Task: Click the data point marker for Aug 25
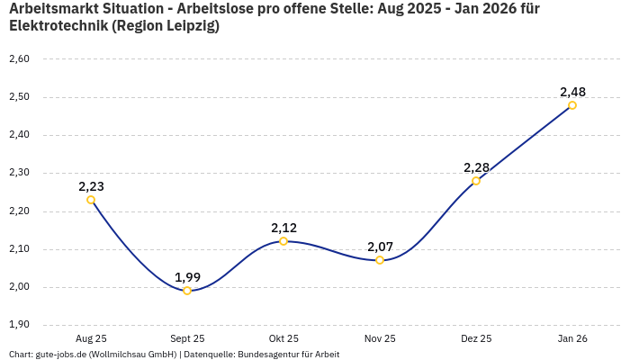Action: (x=91, y=200)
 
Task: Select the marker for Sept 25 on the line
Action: (x=187, y=291)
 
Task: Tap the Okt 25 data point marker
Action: (x=283, y=241)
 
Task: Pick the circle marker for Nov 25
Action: (x=380, y=260)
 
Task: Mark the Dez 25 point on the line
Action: (x=476, y=181)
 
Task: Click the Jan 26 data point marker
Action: (x=572, y=105)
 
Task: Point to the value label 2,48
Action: (x=572, y=92)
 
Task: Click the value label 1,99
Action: (x=187, y=277)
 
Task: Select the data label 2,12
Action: (x=283, y=228)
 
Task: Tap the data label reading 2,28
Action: (x=476, y=167)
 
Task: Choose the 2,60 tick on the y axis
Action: (x=19, y=59)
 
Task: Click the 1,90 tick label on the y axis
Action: (x=19, y=325)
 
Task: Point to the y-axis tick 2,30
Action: (x=19, y=173)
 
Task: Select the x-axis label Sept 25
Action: (x=187, y=338)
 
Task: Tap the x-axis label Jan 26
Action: (x=572, y=338)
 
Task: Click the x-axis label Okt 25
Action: (x=283, y=338)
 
